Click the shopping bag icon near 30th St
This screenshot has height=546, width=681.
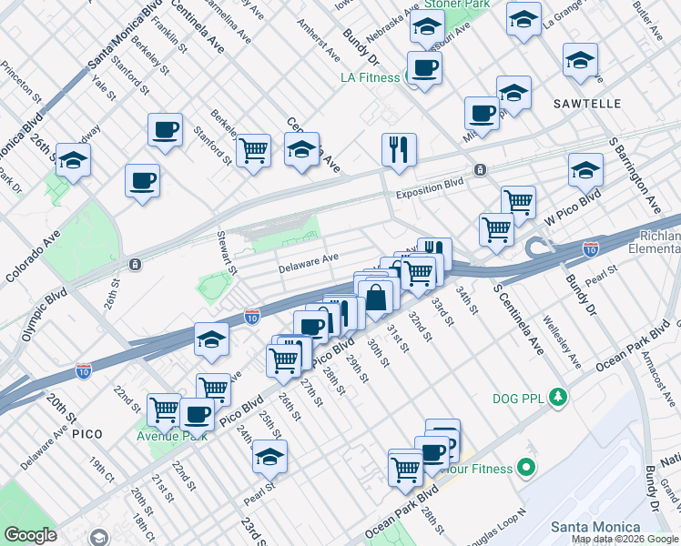[375, 298]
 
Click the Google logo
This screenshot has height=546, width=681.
[30, 535]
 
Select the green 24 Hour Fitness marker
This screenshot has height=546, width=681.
[524, 469]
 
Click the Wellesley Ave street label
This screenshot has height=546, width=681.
[561, 342]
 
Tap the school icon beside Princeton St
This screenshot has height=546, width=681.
[73, 160]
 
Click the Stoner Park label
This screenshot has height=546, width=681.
[460, 5]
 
